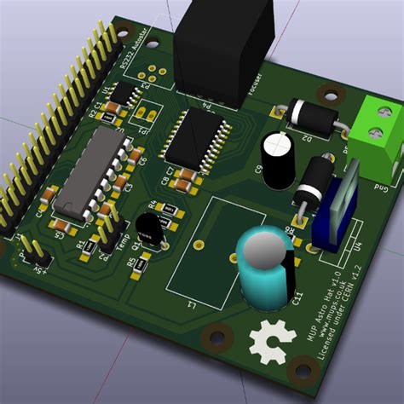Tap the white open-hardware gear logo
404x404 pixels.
(x=268, y=343)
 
